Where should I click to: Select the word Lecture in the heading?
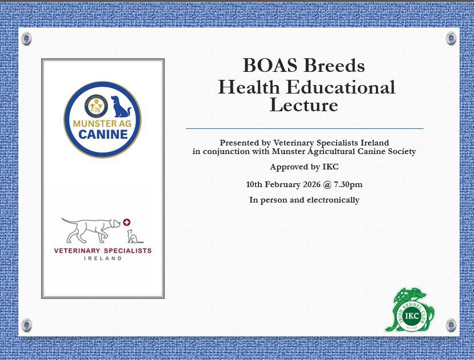(x=303, y=105)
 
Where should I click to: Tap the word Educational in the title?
(x=341, y=87)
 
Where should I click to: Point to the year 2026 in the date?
(x=311, y=184)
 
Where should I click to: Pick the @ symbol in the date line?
(x=327, y=185)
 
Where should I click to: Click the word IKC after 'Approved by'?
(x=330, y=167)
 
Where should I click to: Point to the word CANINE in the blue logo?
(x=103, y=135)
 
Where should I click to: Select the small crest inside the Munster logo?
(x=96, y=106)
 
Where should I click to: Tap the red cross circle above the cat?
(x=127, y=222)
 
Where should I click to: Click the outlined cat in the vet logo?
(x=133, y=236)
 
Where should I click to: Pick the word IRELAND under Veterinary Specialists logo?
(x=103, y=258)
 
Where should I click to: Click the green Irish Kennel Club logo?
(x=410, y=310)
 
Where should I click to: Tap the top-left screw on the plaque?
(x=27, y=38)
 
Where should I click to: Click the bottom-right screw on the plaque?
(x=451, y=325)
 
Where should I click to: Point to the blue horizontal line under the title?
(x=305, y=128)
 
